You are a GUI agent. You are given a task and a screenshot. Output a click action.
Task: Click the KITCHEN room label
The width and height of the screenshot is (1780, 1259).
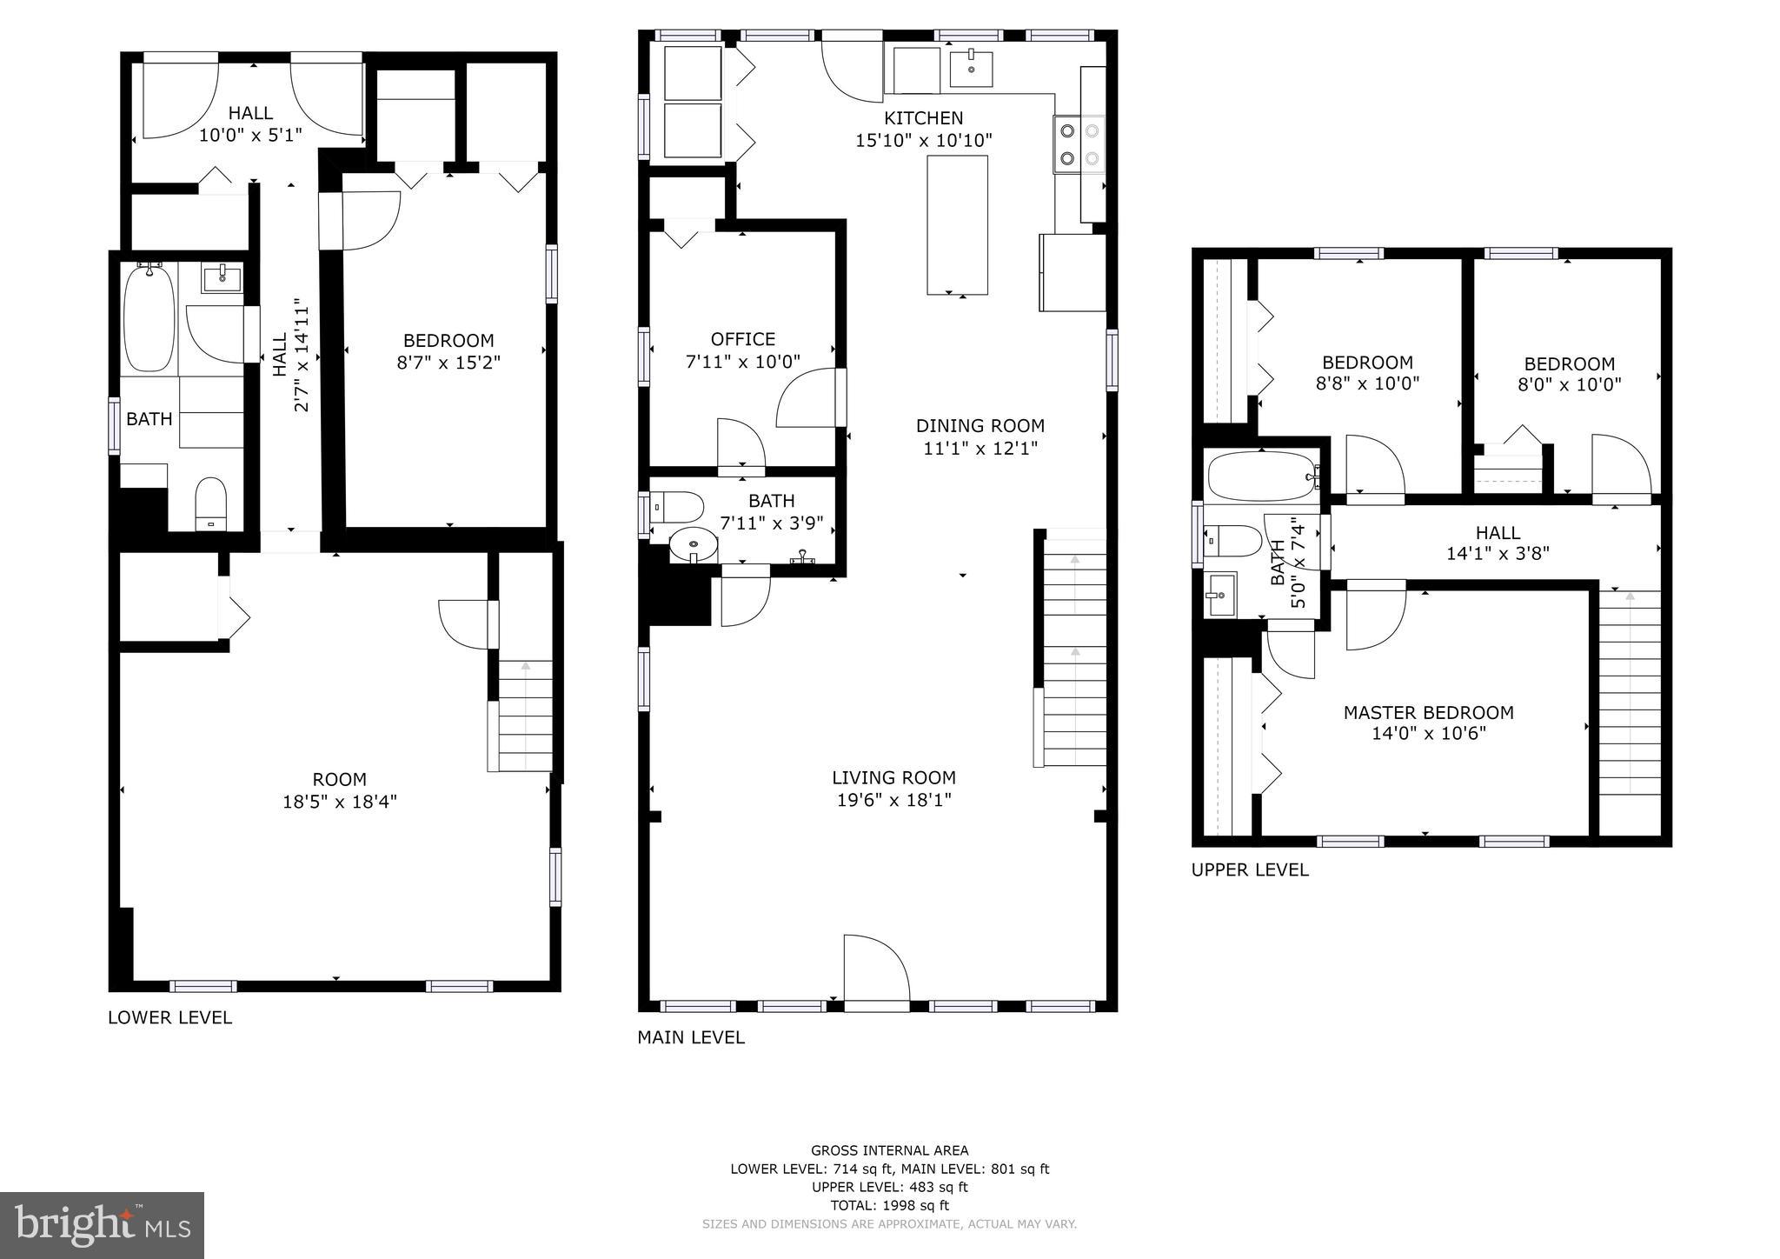(x=923, y=118)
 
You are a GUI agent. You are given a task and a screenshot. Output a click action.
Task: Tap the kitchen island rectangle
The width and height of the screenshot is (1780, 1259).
(x=957, y=225)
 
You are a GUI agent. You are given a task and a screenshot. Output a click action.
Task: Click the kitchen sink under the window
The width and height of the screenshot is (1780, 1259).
(x=971, y=68)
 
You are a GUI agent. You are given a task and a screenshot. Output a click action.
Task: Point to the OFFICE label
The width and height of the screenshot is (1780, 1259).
(x=742, y=339)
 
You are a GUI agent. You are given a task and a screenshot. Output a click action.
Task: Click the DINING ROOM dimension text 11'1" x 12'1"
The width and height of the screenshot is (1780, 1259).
(x=980, y=449)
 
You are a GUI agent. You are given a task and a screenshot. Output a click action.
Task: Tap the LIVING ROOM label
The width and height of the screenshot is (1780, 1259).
(x=893, y=778)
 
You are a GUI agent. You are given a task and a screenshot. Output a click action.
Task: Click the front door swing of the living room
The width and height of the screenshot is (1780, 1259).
(x=873, y=967)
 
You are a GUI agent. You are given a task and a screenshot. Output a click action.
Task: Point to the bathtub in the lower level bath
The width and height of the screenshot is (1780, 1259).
(x=149, y=318)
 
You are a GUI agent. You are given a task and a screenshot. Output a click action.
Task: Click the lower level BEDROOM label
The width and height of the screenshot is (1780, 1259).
(x=448, y=341)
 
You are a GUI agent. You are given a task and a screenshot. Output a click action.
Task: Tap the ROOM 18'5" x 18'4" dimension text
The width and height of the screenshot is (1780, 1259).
(x=339, y=802)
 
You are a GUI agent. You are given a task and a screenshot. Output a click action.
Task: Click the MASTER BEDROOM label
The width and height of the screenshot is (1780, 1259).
(x=1428, y=713)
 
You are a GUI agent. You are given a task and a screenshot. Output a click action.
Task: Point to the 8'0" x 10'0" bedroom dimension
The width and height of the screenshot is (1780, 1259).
(x=1569, y=384)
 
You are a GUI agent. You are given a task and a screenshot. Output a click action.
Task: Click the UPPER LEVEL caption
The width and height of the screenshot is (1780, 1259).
(x=1249, y=869)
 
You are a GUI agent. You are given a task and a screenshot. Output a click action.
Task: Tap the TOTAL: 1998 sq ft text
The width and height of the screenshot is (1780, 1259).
(x=889, y=1205)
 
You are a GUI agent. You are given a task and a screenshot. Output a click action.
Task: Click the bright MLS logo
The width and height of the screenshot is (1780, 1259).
(x=102, y=1225)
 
